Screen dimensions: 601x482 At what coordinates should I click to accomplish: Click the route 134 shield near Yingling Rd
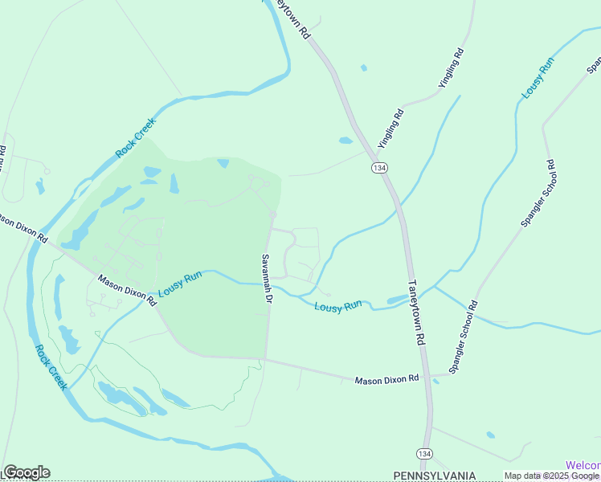378,167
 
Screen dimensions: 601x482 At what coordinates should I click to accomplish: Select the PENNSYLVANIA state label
435,476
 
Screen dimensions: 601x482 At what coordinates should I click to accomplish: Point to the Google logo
27,472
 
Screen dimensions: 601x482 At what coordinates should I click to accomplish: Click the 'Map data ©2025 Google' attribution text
552,476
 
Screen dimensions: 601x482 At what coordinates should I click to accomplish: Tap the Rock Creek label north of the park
134,137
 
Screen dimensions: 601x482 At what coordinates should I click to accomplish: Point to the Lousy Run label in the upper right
538,78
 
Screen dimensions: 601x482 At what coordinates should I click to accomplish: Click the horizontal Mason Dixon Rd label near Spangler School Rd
387,378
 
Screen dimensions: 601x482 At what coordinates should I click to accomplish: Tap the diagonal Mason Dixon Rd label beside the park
127,291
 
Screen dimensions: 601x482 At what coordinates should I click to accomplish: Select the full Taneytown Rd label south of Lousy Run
415,312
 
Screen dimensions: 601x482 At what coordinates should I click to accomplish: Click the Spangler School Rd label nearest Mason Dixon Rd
463,337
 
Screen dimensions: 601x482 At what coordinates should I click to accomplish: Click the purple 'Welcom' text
583,465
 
